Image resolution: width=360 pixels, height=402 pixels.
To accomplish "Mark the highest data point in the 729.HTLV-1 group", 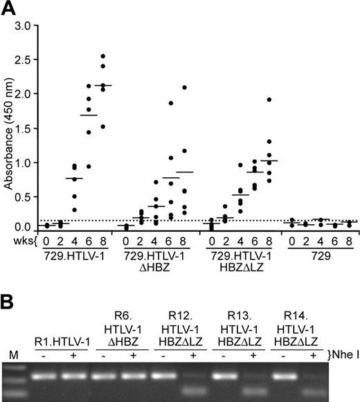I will click(x=103, y=56).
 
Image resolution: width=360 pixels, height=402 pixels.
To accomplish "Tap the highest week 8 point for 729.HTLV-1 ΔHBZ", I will click(x=184, y=87).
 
